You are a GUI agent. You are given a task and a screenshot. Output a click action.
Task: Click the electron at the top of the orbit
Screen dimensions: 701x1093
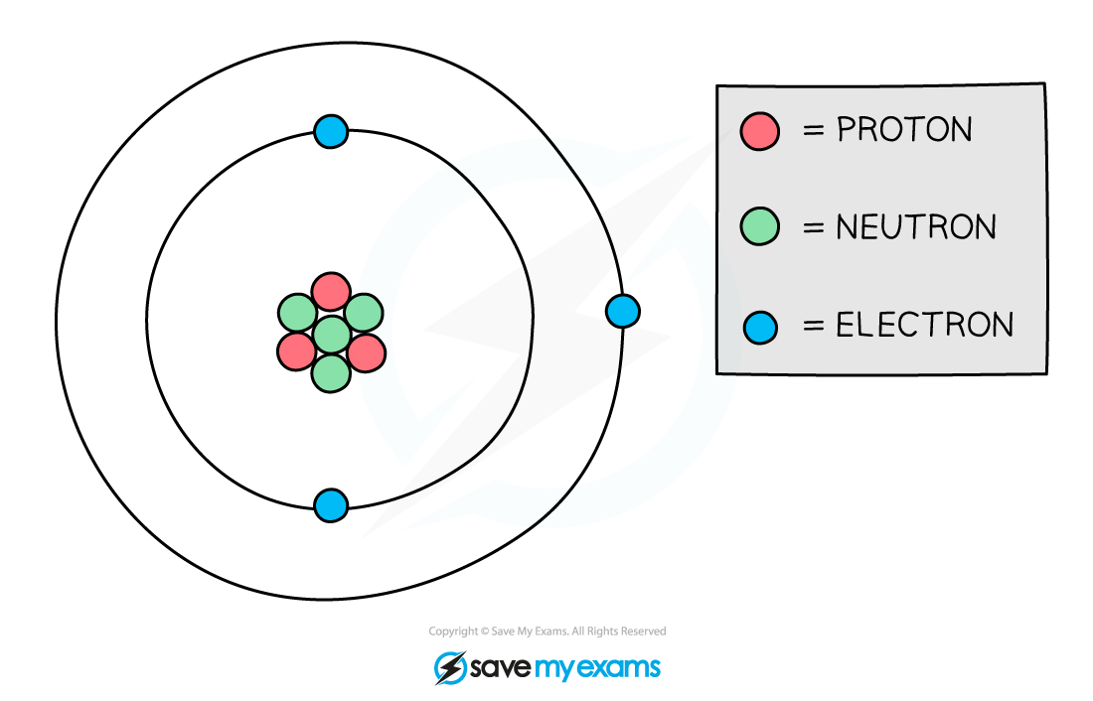point(331,131)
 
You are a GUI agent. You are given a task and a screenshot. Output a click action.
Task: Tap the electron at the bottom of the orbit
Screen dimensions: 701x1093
point(331,505)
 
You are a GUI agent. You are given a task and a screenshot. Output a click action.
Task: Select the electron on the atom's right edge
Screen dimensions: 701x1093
point(622,311)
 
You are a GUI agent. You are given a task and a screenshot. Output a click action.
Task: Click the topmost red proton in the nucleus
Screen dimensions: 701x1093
point(331,292)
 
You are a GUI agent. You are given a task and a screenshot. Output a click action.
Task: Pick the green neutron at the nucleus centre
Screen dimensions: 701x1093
point(331,334)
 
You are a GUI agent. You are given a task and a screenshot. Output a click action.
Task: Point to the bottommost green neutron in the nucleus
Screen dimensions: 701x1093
point(331,373)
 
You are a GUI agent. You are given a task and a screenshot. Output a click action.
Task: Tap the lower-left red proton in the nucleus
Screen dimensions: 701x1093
point(296,351)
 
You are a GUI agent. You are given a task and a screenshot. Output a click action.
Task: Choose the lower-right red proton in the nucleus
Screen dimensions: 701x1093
point(366,351)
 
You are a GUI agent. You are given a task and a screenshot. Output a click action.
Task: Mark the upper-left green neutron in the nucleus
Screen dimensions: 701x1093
point(297,313)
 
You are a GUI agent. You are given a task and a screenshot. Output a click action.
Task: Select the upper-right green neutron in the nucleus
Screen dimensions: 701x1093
point(364,313)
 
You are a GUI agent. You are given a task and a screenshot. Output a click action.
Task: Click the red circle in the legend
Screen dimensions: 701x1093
point(760,131)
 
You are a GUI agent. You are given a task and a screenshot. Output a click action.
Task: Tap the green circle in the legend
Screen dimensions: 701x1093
point(760,227)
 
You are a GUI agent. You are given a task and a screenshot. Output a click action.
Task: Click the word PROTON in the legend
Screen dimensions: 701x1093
point(904,130)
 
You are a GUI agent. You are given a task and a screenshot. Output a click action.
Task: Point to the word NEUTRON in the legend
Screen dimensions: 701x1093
point(915,227)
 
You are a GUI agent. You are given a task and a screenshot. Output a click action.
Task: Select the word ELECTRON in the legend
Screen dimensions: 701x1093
point(924,326)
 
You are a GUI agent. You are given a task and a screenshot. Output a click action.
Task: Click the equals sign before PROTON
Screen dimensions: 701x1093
point(814,131)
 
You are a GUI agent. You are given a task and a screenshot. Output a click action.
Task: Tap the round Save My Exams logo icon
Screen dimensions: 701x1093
point(450,667)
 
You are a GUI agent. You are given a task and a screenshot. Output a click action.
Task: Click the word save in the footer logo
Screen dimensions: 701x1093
point(502,667)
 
